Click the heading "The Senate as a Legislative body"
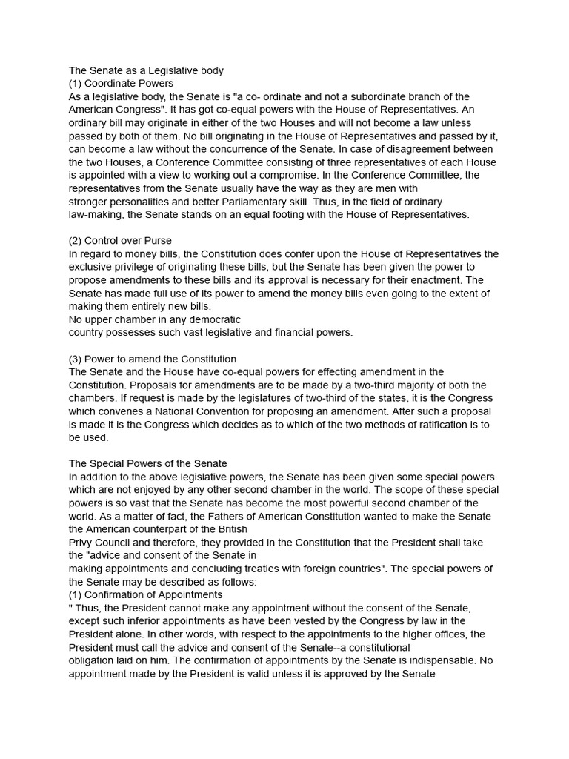[146, 70]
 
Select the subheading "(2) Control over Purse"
[120, 240]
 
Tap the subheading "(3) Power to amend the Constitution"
[153, 359]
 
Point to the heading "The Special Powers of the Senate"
[148, 464]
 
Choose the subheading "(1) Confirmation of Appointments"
[145, 594]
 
